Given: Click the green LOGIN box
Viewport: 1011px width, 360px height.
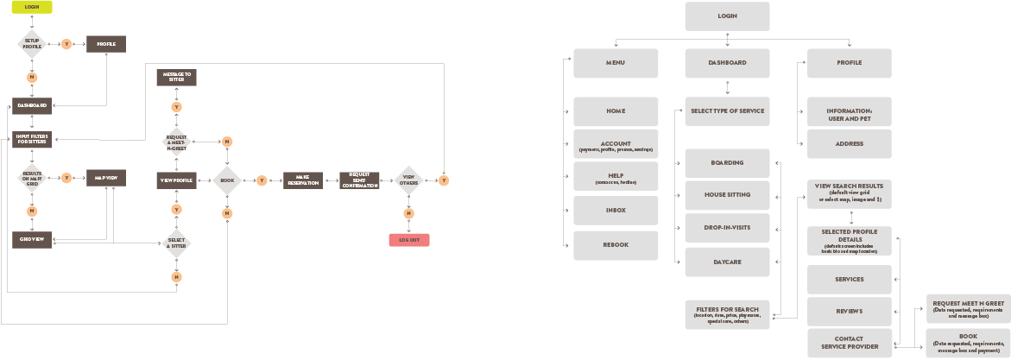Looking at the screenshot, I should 32,7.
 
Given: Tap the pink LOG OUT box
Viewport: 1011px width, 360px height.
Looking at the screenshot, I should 408,240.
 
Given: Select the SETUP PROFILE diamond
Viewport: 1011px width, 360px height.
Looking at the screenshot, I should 32,43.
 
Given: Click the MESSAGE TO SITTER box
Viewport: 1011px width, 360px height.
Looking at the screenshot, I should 176,78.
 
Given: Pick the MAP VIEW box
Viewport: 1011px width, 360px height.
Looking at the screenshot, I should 106,178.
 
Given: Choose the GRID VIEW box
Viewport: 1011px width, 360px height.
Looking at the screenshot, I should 33,238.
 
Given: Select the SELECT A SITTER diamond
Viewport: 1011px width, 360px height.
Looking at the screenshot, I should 176,243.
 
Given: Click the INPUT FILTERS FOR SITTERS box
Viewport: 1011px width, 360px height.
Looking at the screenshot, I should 33,138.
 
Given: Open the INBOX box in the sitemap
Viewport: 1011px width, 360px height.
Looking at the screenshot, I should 616,211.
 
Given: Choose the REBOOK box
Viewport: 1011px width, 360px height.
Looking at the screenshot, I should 616,245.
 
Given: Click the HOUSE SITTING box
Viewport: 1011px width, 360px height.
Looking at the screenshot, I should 727,195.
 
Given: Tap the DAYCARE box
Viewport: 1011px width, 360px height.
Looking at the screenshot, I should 727,262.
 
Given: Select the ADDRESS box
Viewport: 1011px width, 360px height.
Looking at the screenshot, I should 850,144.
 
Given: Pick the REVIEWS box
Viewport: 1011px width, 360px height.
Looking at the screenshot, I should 850,311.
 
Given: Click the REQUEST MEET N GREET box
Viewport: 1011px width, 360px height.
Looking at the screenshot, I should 967,308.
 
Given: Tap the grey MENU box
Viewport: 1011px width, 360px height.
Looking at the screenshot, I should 616,63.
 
